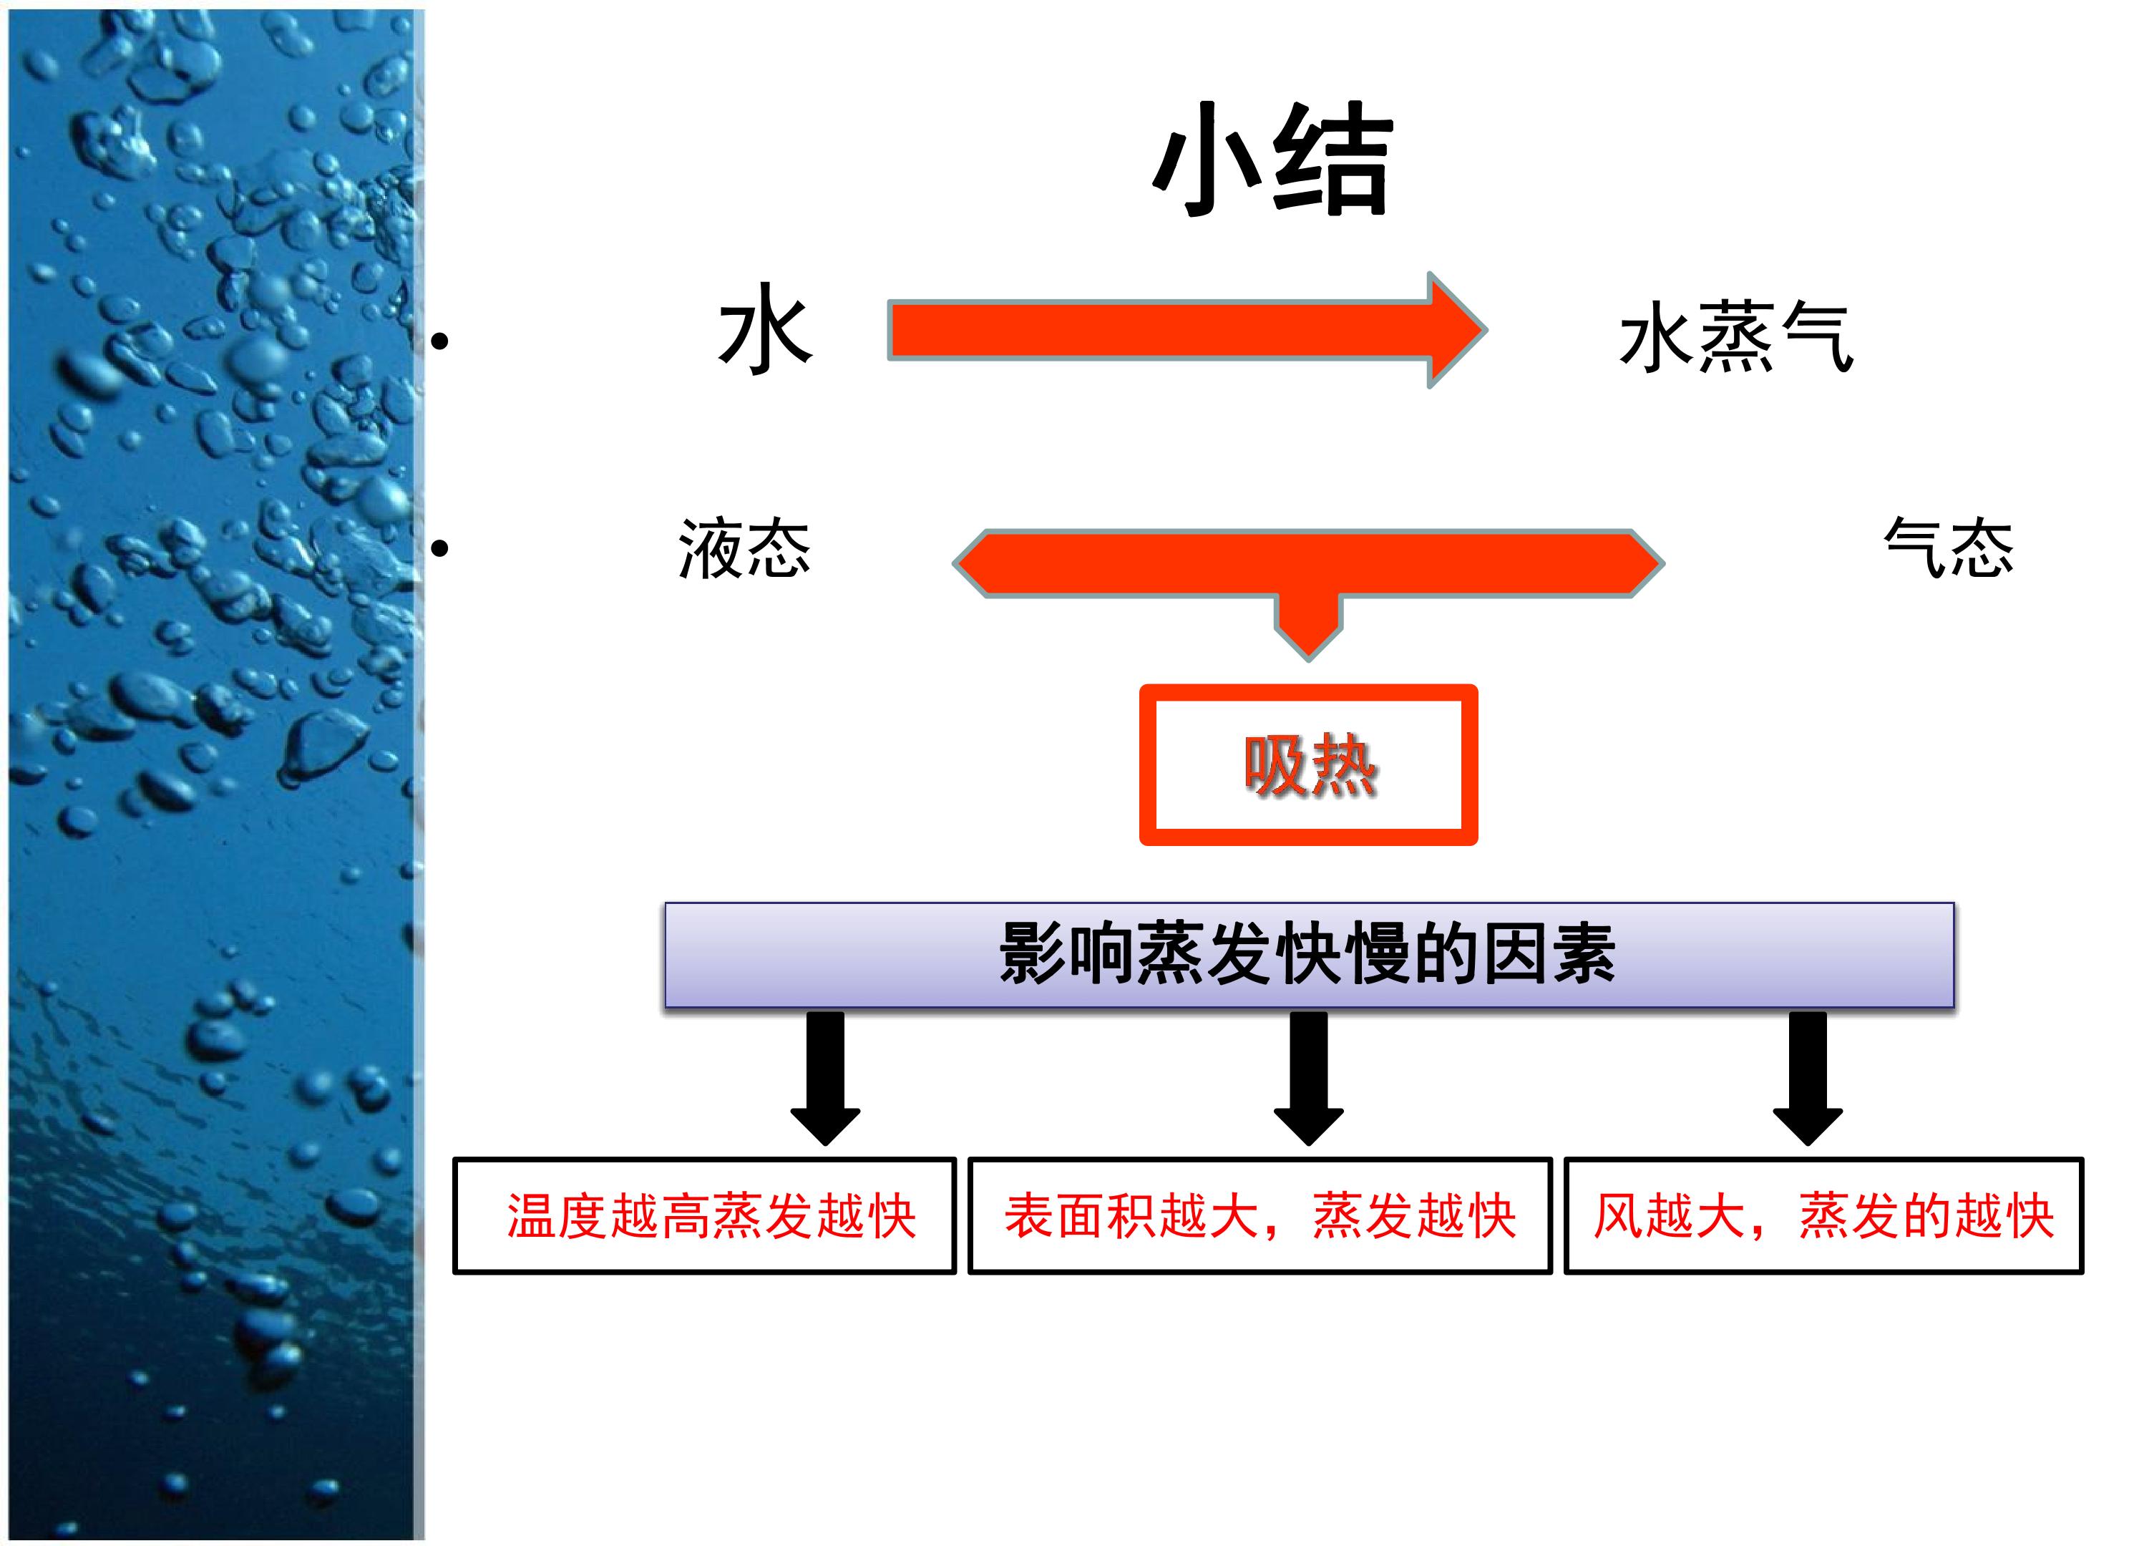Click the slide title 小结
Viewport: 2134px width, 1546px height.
click(1272, 160)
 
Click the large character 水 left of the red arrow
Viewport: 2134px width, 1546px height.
click(765, 329)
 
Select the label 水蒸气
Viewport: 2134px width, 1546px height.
click(1736, 337)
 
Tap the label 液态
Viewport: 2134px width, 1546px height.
click(744, 548)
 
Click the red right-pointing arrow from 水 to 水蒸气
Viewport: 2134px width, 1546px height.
click(1187, 329)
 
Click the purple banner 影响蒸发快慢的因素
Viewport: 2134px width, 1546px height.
click(1309, 955)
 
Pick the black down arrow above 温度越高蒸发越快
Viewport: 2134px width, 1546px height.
click(825, 1077)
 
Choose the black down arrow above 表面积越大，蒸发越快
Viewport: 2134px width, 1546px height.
click(1309, 1077)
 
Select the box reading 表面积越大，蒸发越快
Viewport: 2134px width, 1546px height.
click(1260, 1216)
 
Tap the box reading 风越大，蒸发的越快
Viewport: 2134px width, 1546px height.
click(1823, 1216)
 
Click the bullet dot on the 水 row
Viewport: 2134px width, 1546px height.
click(439, 341)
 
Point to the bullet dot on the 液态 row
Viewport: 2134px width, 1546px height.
click(439, 548)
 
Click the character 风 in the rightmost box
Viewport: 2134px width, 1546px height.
click(1618, 1216)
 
